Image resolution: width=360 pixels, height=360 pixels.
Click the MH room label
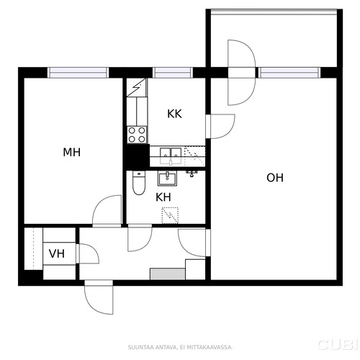tap(71, 152)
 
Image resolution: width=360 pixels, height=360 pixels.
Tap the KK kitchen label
tap(174, 114)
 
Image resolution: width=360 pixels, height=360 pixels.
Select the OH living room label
tap(275, 178)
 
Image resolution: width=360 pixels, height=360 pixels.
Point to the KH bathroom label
tap(163, 197)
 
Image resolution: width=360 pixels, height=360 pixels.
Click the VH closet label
tap(57, 253)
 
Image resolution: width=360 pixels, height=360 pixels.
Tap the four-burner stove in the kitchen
tap(137, 135)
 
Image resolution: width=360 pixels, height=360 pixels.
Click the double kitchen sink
tap(171, 156)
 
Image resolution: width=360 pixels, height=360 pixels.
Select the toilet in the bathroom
tap(139, 183)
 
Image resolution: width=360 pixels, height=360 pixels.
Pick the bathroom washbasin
tap(167, 179)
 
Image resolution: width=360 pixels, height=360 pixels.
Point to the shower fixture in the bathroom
tap(192, 173)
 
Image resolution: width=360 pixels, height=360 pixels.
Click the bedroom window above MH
tap(78, 73)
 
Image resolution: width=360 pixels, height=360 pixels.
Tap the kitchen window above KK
tap(173, 73)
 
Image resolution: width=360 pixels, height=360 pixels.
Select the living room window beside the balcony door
tap(289, 73)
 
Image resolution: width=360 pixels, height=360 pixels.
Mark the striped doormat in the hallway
tap(168, 274)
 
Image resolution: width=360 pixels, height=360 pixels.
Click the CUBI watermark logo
tap(338, 344)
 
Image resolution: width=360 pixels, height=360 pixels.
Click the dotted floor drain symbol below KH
tap(170, 215)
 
